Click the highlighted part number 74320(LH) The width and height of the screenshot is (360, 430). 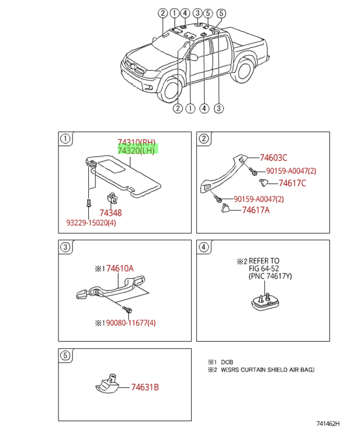[x=136, y=150]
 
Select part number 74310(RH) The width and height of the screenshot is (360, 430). [x=137, y=142]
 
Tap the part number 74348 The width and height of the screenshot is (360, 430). [x=111, y=213]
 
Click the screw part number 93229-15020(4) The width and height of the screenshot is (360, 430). [x=91, y=223]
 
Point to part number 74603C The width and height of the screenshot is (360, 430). [x=273, y=158]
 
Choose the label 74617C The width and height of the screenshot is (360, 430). [x=292, y=183]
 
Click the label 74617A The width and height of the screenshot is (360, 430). [x=256, y=210]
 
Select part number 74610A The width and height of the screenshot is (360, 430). [x=120, y=268]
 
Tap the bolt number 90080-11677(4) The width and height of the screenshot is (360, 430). [x=131, y=322]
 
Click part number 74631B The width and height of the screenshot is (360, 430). [x=145, y=387]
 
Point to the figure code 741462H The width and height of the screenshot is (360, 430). [x=328, y=424]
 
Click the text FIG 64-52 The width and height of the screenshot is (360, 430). [x=264, y=268]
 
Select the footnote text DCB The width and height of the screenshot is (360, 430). [x=227, y=362]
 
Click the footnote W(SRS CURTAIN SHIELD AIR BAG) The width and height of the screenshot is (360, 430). [x=268, y=370]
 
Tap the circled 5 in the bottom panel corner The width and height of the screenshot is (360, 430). [x=65, y=356]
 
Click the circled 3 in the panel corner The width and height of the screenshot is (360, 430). [x=65, y=247]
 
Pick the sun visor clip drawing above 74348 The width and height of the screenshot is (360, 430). [x=112, y=198]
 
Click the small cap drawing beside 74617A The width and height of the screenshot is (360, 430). [x=226, y=208]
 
